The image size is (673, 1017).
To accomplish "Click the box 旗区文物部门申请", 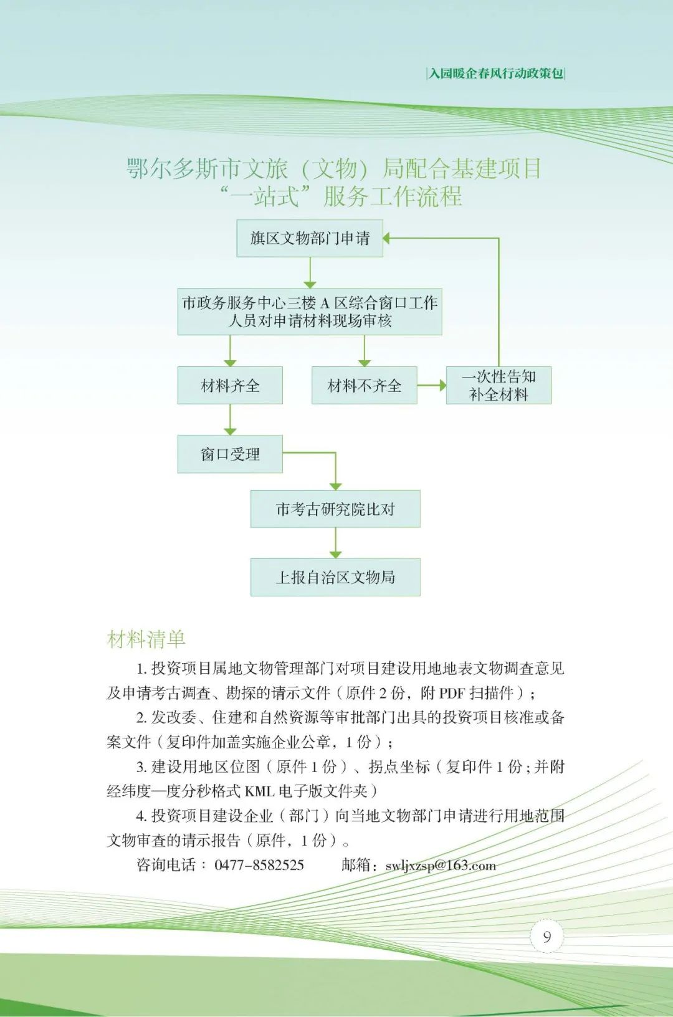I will pos(310,238).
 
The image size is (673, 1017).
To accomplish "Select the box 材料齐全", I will pos(230,386).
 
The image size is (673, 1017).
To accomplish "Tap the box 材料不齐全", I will pos(365,386).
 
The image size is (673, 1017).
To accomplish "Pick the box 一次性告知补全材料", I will pos(499,386).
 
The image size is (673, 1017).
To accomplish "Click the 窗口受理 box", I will pos(230,454).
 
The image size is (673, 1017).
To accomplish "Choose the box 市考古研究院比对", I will pos(335,509).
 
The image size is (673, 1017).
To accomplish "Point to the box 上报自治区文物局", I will pos(335,578).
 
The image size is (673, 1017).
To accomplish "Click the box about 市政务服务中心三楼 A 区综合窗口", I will pos(310,312).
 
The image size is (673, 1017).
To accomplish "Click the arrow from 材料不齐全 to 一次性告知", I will pos(432,386).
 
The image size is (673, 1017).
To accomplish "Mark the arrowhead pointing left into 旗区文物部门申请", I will pos(387,238).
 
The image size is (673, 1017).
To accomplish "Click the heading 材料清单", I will pos(146,639).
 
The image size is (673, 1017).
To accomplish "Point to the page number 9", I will pos(547,937).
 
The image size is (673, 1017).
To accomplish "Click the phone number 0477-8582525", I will pos(259,865).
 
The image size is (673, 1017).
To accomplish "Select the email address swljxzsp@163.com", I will pos(441,865).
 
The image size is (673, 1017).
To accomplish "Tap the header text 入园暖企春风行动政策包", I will pos(496,74).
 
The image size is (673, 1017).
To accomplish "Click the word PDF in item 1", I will pos(452,693).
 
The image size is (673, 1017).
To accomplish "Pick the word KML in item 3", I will pos(259,791).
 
